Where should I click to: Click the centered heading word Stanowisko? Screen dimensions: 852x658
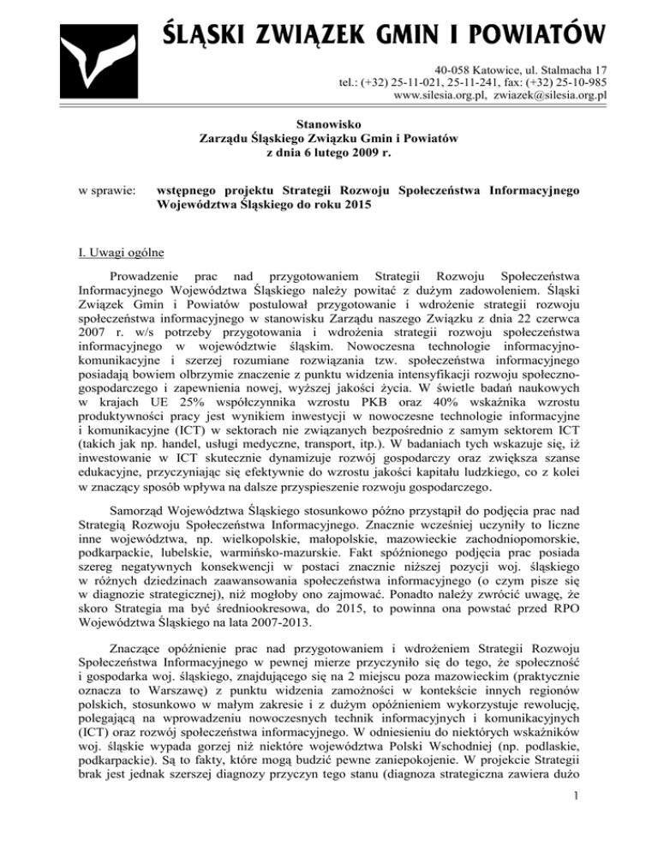tap(328, 123)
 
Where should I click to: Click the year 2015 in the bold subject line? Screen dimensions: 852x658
tap(362, 203)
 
